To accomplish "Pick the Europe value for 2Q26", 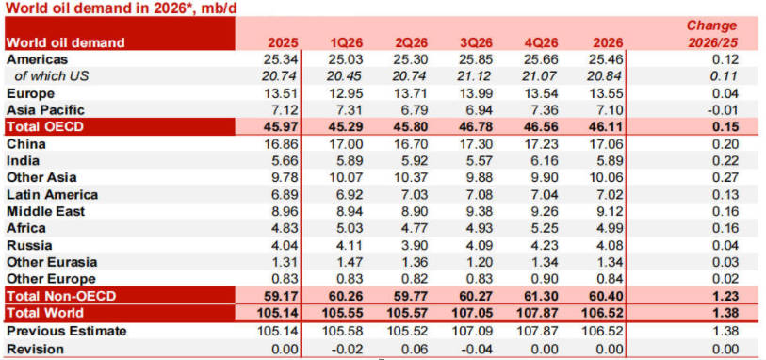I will click(x=413, y=93).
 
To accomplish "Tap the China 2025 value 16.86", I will click(x=284, y=144).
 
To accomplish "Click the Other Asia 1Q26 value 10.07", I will click(x=348, y=177).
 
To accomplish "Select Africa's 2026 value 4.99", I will click(x=601, y=229).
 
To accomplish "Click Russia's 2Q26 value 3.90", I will click(x=413, y=246).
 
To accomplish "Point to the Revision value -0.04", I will click(x=476, y=349).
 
